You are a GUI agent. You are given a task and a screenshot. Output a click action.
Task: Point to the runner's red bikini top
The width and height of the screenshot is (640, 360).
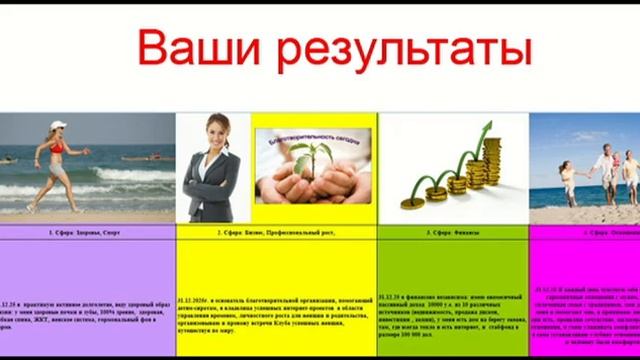tap(58, 147)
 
